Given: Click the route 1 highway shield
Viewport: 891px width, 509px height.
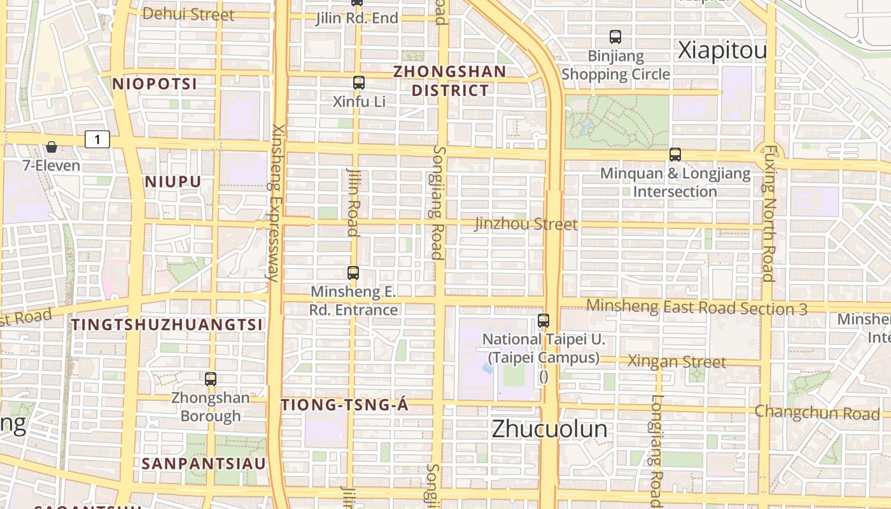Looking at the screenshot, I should pos(97,139).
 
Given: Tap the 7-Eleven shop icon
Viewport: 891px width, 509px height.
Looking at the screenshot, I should pos(52,148).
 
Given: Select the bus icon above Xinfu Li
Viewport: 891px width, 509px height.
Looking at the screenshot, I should pos(359,82).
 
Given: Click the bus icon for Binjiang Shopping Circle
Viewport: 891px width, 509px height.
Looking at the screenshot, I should pos(615,37).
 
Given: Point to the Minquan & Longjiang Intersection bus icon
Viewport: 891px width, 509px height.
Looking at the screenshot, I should pos(675,154).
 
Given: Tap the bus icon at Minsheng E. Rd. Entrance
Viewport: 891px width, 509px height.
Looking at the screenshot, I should pos(353,273).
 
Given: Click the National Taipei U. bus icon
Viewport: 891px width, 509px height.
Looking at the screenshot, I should pos(544,321).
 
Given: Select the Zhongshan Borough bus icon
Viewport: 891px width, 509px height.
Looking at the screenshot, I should pos(211,379).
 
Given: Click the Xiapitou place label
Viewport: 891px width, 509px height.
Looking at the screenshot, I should pos(722,51).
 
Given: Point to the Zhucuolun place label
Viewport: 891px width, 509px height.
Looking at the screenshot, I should pos(549,429).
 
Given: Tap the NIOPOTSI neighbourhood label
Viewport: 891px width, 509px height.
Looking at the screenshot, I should pos(155,84).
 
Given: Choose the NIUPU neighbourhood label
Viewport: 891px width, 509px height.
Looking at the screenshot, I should pos(173,182).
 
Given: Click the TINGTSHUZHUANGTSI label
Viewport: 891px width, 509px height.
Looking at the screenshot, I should pos(167,324).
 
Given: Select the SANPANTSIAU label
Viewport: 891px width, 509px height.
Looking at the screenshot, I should pos(204,463).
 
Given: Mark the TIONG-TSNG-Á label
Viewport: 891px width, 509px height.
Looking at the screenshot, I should pos(344,405).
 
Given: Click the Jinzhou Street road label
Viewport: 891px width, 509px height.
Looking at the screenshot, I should pos(526,224).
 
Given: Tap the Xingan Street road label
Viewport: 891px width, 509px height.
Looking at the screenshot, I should pos(677,361).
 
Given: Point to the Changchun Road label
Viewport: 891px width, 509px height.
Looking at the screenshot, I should pos(817,412).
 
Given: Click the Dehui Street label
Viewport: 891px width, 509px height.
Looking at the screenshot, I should pos(188,14).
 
